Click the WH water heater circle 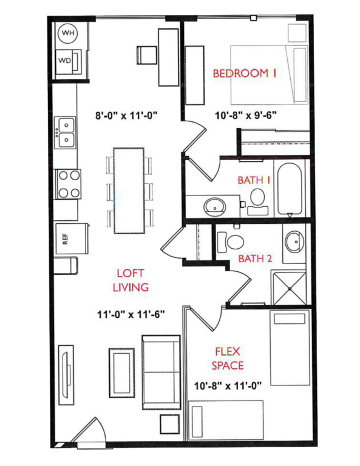[x=67, y=34]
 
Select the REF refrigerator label [x=66, y=238]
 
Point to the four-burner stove [x=68, y=183]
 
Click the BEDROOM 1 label [x=245, y=73]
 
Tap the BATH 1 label [x=254, y=179]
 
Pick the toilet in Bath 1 [x=257, y=201]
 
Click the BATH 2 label [x=255, y=258]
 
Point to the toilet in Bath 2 [x=228, y=240]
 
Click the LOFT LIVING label [x=131, y=280]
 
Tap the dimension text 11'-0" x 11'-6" [x=131, y=315]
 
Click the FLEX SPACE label [x=227, y=358]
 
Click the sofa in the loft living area [x=160, y=371]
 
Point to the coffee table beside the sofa [x=121, y=371]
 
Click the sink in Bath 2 [x=295, y=241]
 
